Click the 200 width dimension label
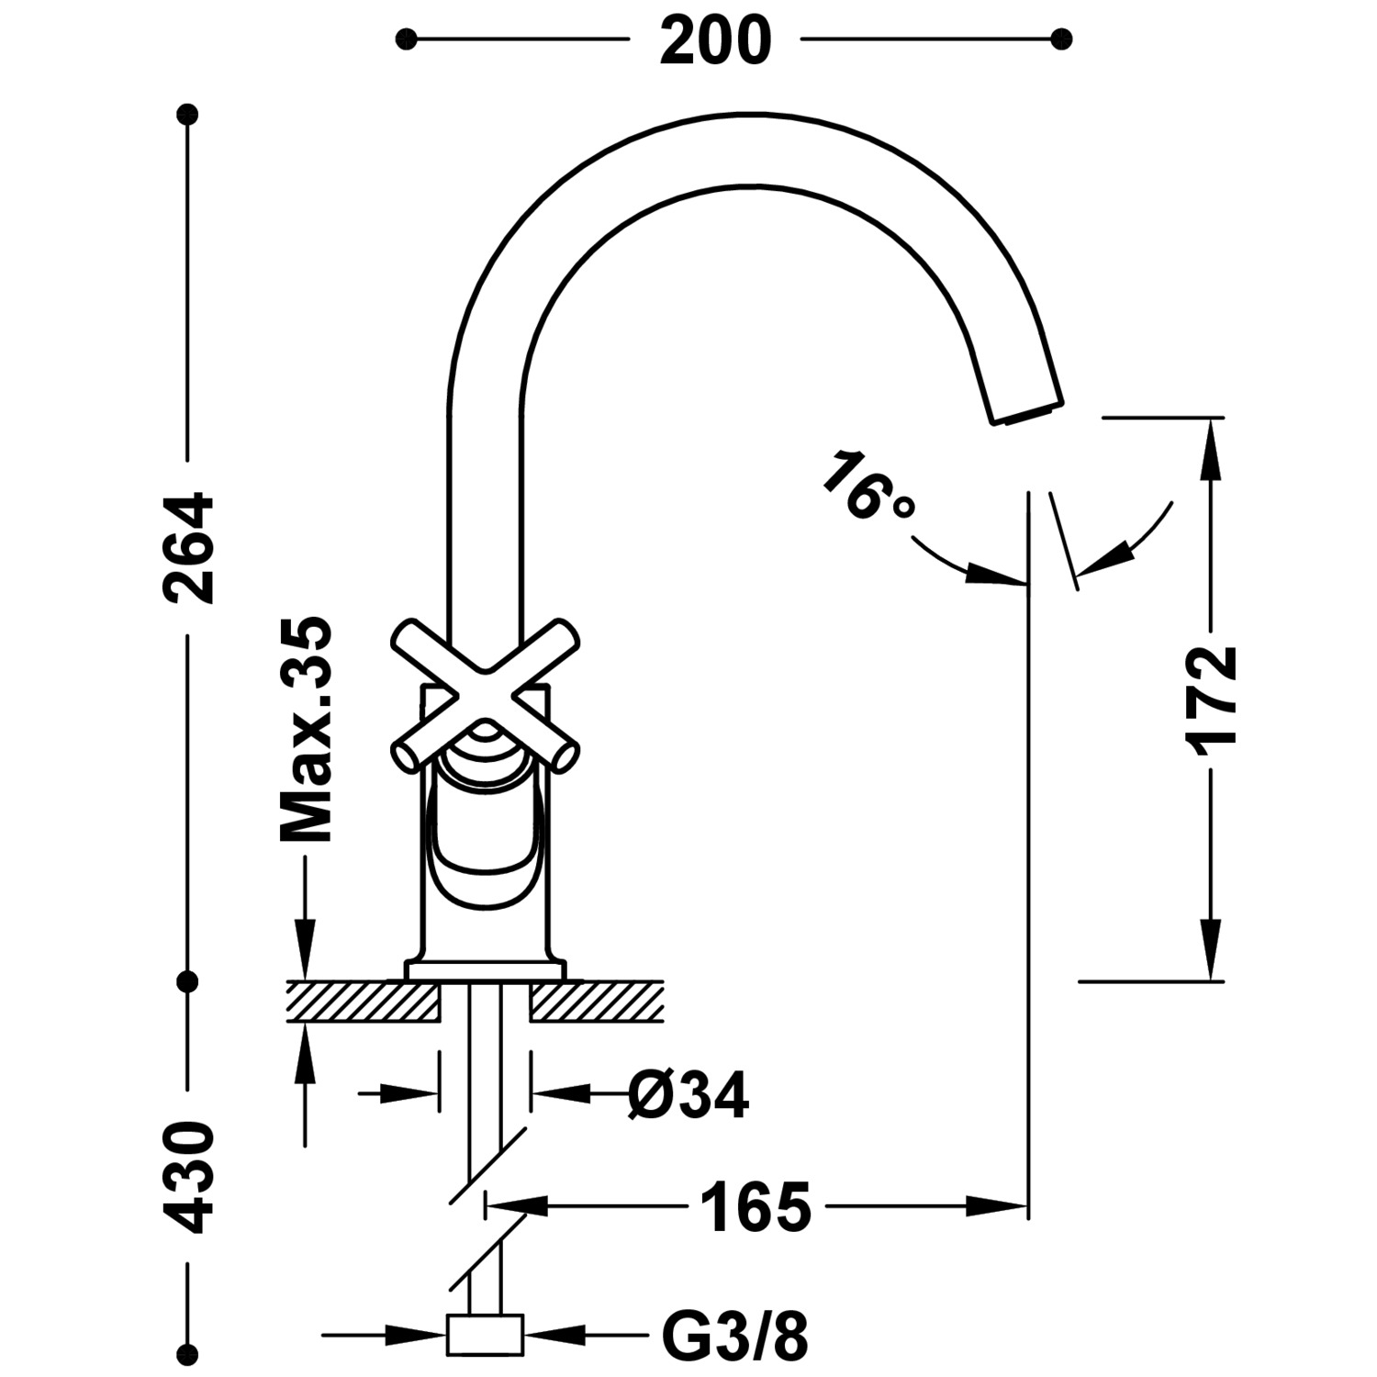coord(716,41)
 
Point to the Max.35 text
coord(306,730)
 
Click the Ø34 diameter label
coord(688,1094)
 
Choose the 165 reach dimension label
coord(756,1207)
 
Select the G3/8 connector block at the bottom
coord(485,1335)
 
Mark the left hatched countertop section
coord(364,1002)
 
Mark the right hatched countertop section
coord(597,1002)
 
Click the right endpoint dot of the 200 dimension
coord(1062,39)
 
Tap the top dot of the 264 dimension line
coord(188,115)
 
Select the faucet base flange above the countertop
coord(486,970)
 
